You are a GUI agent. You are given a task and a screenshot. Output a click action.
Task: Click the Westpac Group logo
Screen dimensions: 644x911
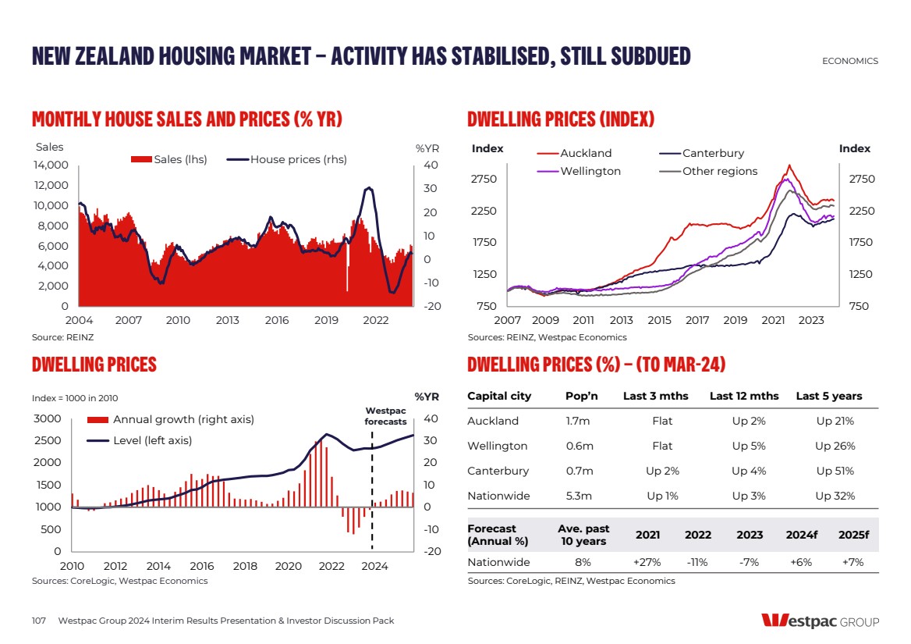tap(820, 621)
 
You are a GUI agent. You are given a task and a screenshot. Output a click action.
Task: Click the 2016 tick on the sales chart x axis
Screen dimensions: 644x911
tap(277, 320)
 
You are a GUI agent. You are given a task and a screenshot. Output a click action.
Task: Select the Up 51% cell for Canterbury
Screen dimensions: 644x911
tap(835, 471)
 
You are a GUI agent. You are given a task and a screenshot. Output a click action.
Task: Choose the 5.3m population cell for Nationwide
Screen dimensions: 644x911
tap(580, 496)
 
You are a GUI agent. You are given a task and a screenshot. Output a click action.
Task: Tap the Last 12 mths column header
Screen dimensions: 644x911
tap(744, 396)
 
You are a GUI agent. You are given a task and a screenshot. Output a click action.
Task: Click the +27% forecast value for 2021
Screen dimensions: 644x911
tap(648, 562)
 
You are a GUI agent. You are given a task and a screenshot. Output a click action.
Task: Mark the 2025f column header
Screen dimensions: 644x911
tap(853, 535)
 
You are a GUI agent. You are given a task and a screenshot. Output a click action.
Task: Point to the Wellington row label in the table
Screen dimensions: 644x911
tap(497, 446)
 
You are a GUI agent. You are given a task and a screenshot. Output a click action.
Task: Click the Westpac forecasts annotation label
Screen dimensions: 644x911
tap(386, 416)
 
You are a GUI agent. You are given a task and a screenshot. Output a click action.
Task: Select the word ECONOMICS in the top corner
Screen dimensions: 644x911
tap(850, 61)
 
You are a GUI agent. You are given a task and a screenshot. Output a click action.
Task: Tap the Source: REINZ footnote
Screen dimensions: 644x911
tap(57, 337)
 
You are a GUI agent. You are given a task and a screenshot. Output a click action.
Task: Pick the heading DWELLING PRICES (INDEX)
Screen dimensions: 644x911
tap(561, 119)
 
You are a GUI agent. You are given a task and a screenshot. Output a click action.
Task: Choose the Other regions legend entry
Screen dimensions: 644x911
tap(719, 171)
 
